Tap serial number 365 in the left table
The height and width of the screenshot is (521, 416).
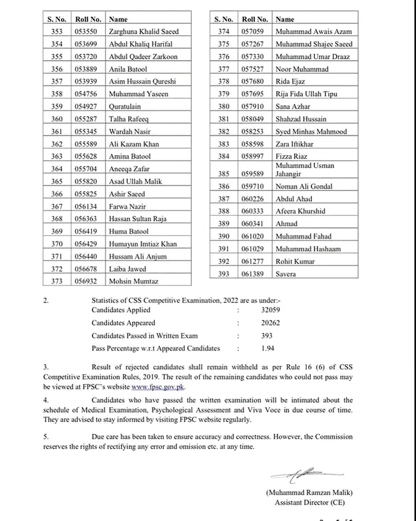[57, 182]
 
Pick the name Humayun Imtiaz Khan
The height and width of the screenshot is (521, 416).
[143, 244]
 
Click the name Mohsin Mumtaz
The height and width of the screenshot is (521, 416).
[133, 282]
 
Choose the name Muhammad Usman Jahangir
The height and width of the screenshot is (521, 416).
[305, 170]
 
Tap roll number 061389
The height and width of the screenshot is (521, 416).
[256, 274]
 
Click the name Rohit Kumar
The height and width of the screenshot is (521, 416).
[296, 261]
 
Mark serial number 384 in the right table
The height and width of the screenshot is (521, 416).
[224, 156]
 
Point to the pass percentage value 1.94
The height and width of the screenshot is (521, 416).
[267, 348]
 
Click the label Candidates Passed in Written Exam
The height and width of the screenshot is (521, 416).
[144, 336]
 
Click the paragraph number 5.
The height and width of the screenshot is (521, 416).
[46, 437]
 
